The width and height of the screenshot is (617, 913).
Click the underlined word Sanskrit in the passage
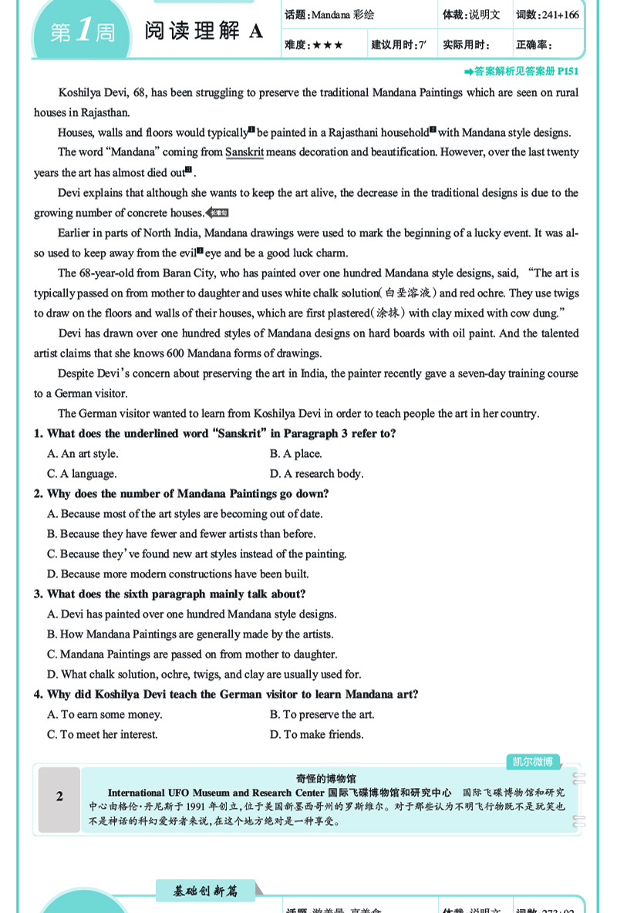pyautogui.click(x=244, y=152)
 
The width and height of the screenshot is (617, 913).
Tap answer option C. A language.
pyautogui.click(x=82, y=474)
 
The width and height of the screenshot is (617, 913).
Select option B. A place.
pyautogui.click(x=295, y=454)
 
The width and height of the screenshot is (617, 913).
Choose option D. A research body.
pyautogui.click(x=316, y=474)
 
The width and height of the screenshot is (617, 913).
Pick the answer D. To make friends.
pyautogui.click(x=316, y=735)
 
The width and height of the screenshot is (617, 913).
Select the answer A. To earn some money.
pyautogui.click(x=104, y=715)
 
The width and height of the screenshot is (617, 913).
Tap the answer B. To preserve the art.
pyautogui.click(x=322, y=715)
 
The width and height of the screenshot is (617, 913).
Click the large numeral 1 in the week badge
pyautogui.click(x=83, y=32)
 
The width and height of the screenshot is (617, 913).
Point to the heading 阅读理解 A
pyautogui.click(x=204, y=31)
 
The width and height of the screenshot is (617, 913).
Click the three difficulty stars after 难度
pyautogui.click(x=328, y=46)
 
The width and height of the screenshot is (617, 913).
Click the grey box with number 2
pyautogui.click(x=59, y=797)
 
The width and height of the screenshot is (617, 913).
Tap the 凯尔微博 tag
pyautogui.click(x=532, y=762)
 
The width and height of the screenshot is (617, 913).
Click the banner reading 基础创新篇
pyautogui.click(x=206, y=891)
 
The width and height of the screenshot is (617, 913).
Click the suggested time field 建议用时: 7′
pyautogui.click(x=398, y=46)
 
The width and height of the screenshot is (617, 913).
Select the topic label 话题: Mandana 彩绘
pyautogui.click(x=329, y=15)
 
